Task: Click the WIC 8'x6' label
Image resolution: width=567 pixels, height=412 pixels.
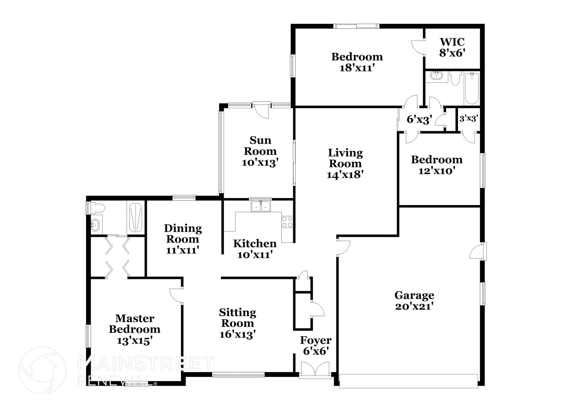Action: [452, 47]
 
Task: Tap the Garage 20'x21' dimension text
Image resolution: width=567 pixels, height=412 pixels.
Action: [414, 307]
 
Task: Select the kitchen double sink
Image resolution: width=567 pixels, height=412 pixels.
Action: [261, 206]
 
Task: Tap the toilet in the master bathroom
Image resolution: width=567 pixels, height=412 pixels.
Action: [97, 208]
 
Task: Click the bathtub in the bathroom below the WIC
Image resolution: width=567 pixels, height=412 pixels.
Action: [471, 88]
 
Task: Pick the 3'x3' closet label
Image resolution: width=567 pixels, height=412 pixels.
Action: [469, 119]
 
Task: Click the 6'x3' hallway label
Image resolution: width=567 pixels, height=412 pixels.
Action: [419, 120]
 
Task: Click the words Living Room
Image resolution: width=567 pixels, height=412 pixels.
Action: [345, 158]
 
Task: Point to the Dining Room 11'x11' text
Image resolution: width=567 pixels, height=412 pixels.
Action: [182, 250]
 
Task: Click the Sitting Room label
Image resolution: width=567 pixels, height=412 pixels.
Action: [238, 318]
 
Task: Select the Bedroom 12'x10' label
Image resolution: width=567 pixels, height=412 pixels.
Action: [437, 165]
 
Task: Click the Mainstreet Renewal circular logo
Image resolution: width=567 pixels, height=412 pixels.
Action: [42, 370]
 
